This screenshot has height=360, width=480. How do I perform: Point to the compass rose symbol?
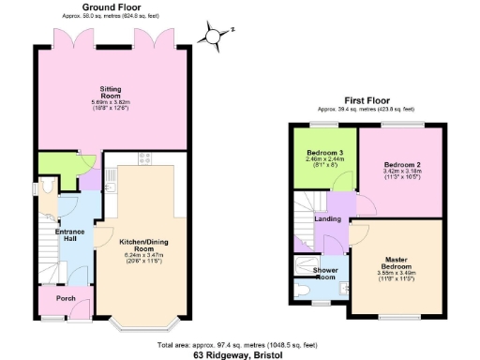(x=215, y=36)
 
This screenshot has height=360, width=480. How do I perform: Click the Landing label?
(x=327, y=218)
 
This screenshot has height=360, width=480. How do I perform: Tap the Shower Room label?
(x=312, y=273)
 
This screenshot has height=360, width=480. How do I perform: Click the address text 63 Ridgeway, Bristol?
(x=239, y=355)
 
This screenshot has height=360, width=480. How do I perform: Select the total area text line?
(x=239, y=345)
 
